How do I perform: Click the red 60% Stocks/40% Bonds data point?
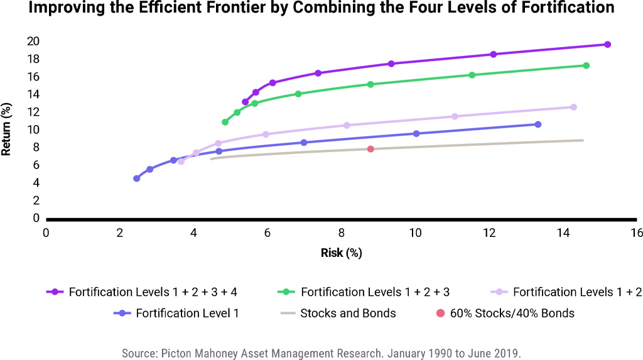(370, 149)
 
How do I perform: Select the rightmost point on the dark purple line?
(607, 45)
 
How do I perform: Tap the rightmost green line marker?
(586, 66)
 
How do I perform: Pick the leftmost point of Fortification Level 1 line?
(136, 178)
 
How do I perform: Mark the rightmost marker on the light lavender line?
(573, 107)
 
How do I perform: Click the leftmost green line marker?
(225, 122)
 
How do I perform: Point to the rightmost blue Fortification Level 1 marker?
(538, 124)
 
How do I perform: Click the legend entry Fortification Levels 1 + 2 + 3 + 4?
(142, 292)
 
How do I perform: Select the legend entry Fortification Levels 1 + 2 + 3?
(364, 292)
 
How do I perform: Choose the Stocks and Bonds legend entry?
(338, 314)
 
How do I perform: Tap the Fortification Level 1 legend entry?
(176, 314)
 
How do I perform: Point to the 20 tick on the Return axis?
(33, 41)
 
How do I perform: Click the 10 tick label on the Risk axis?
(415, 232)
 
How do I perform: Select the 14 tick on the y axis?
(33, 94)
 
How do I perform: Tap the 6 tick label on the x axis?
(267, 232)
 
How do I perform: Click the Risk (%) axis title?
(341, 253)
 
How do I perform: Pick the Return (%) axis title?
(6, 129)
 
